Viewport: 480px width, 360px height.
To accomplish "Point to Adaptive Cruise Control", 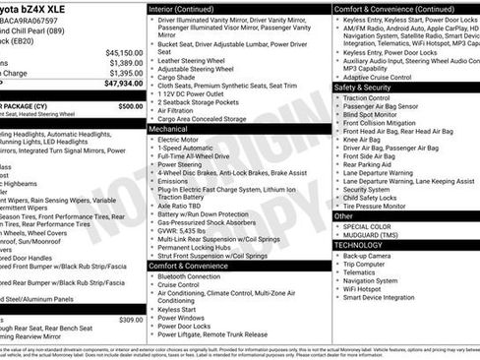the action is (x=383, y=76).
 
